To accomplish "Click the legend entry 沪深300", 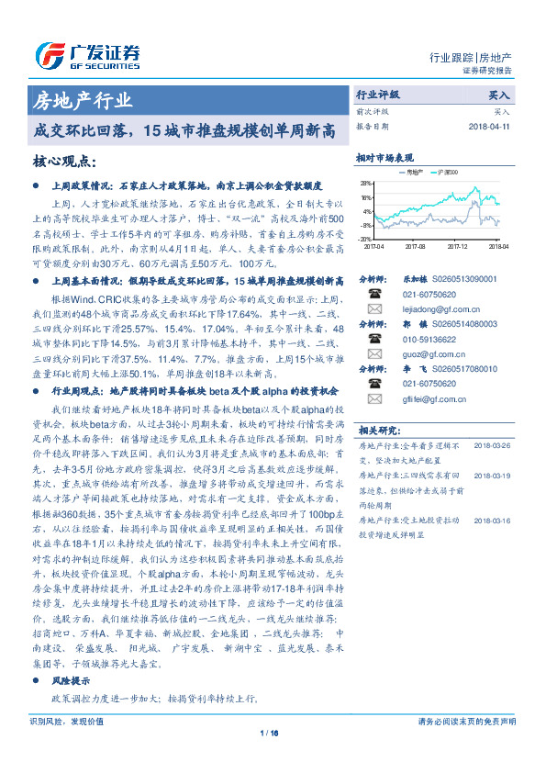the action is click(x=450, y=172).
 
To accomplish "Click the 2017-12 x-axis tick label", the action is click(x=458, y=246).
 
